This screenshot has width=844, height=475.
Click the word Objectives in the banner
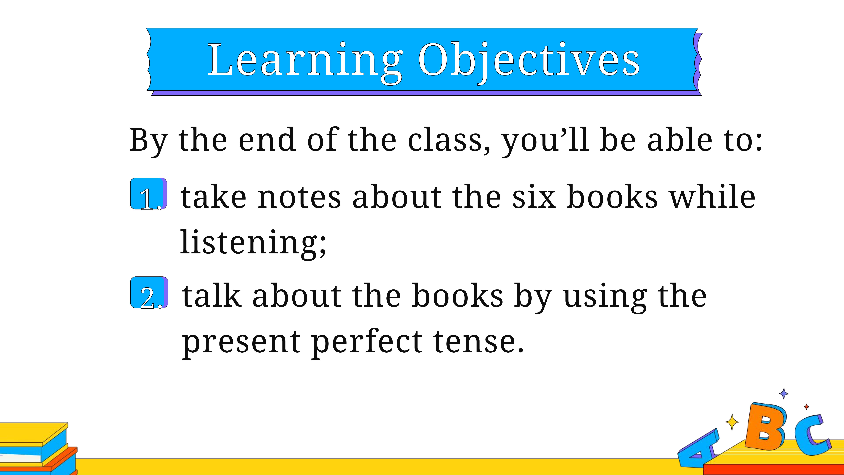[528, 62]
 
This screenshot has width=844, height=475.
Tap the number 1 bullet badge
[149, 194]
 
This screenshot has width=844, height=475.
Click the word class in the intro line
[446, 140]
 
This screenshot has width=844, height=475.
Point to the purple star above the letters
[784, 393]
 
